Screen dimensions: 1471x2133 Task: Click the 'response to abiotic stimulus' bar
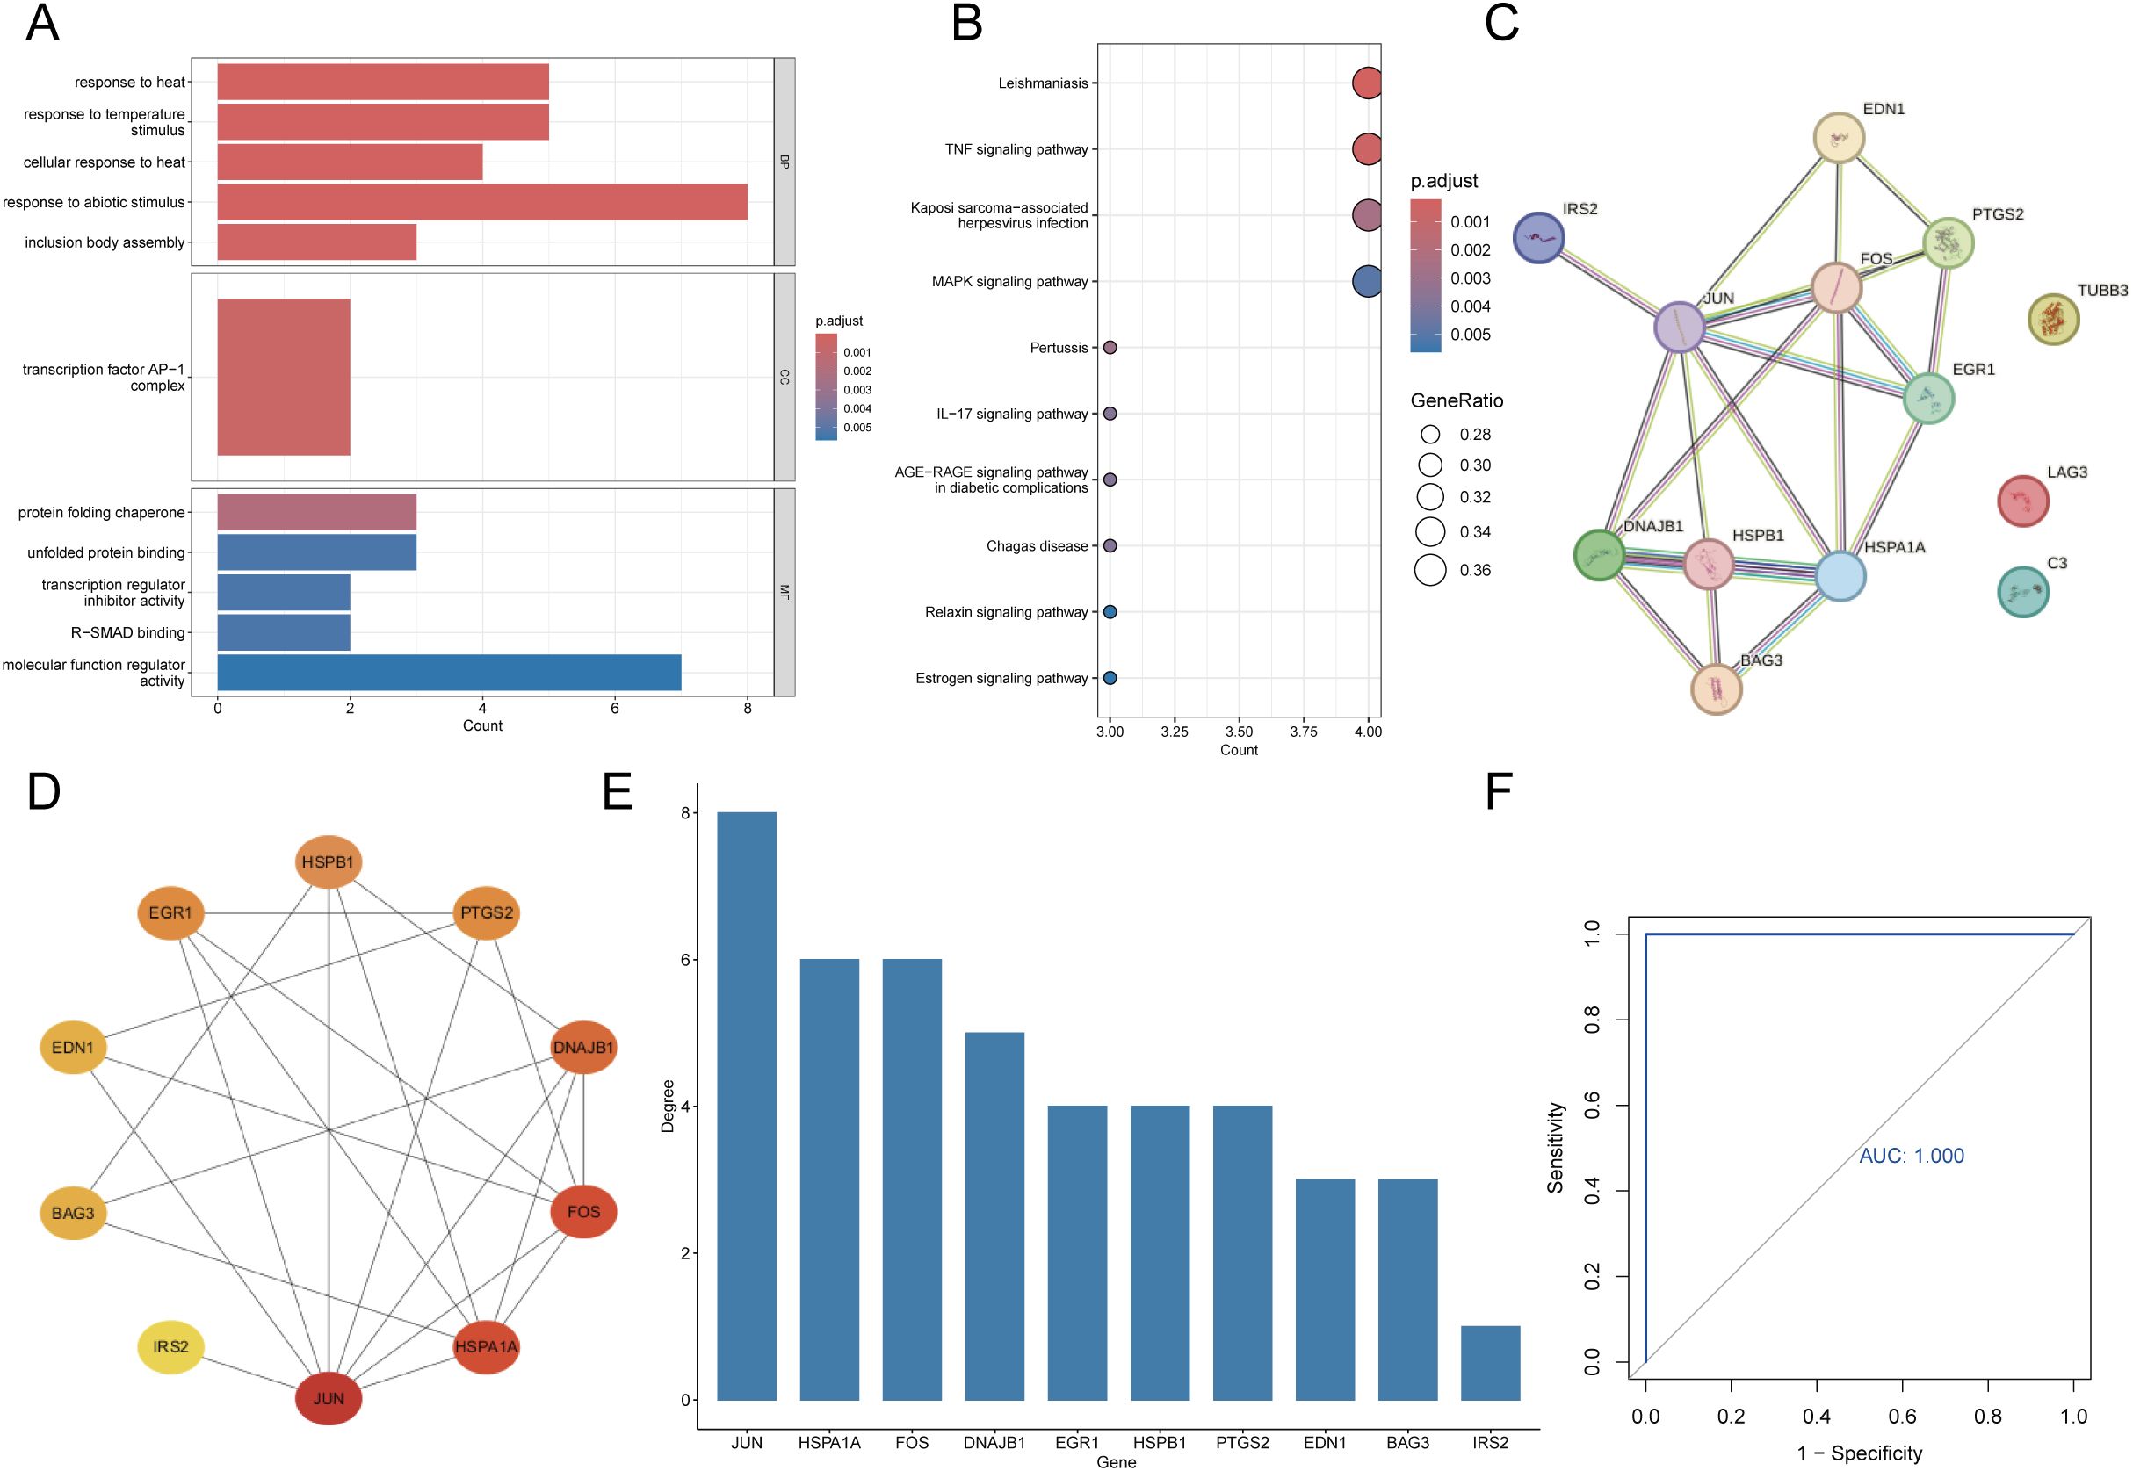coord(482,202)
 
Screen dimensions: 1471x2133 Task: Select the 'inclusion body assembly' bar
coord(316,242)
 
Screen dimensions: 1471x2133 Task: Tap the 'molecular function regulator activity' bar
coord(449,672)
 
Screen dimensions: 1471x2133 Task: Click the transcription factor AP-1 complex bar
coord(283,377)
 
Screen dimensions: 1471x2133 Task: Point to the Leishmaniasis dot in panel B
coord(1367,83)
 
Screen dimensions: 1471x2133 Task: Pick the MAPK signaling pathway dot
coord(1367,281)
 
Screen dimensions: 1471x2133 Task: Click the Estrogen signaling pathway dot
coord(1110,678)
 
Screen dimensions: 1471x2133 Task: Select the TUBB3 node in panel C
coord(2053,319)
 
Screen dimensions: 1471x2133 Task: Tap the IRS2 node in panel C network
coord(1538,237)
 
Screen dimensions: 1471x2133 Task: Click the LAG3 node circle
coord(2022,501)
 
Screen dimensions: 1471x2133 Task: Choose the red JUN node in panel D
coord(329,1398)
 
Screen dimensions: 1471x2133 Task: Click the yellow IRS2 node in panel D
coord(170,1346)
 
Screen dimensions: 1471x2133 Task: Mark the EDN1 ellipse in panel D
coord(73,1047)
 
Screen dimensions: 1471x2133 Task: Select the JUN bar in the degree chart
coord(747,1106)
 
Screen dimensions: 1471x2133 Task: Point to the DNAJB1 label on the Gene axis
coord(994,1442)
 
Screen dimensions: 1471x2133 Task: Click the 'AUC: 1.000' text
coord(1911,1156)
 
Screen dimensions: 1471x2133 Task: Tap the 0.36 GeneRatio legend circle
coord(1429,570)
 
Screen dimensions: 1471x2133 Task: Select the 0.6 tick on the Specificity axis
coord(1902,1416)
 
